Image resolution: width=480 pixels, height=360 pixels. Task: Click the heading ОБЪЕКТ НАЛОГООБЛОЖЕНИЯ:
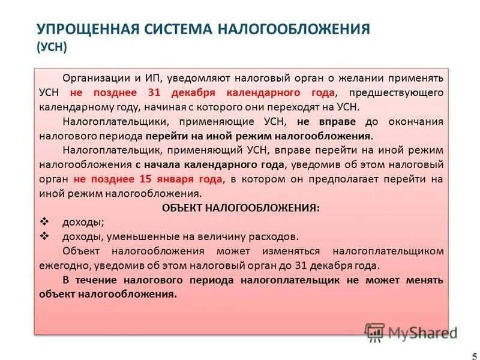point(241,208)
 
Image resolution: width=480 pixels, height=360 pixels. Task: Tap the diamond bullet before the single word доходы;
point(44,221)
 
